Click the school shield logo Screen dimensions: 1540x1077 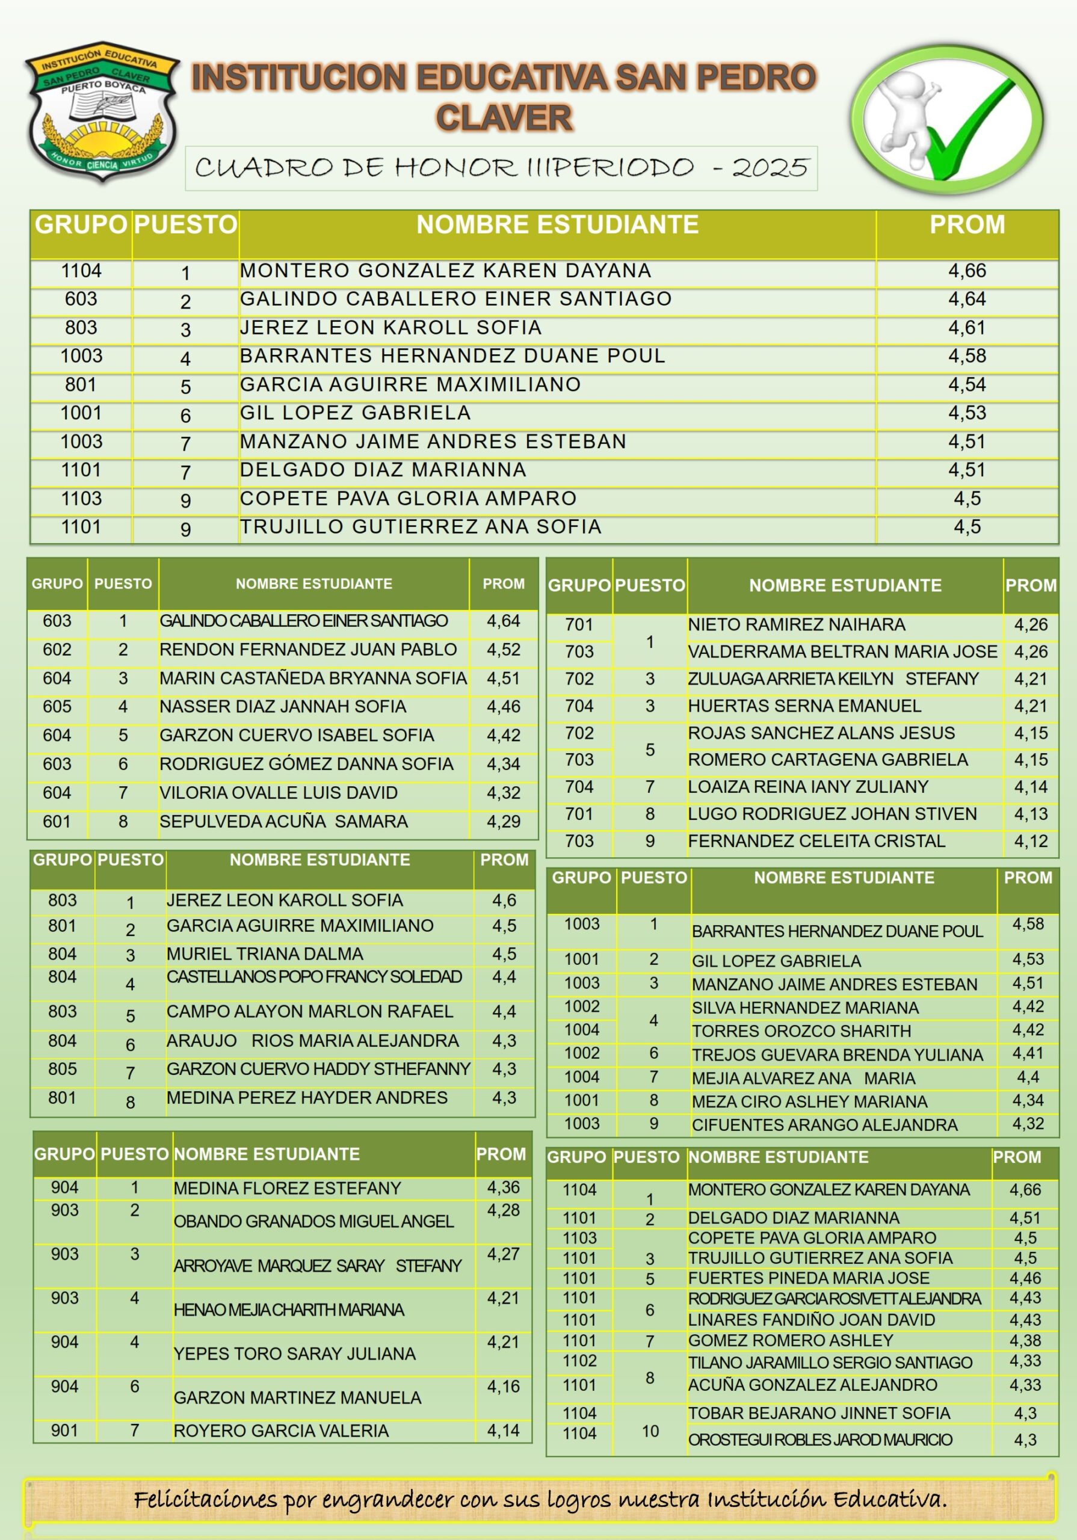[102, 111]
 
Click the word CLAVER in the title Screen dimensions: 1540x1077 [504, 118]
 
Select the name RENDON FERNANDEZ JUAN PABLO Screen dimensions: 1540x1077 [308, 649]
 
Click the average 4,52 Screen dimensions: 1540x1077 [503, 649]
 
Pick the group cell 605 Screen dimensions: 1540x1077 [57, 706]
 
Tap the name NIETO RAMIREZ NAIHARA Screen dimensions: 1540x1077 [796, 624]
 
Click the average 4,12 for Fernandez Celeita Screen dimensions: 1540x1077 [1031, 841]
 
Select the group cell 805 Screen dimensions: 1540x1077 [63, 1068]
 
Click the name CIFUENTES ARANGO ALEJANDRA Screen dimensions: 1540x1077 [824, 1125]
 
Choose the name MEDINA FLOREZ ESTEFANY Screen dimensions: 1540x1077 [287, 1188]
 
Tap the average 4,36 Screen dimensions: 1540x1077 [503, 1187]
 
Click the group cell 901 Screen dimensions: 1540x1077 [64, 1430]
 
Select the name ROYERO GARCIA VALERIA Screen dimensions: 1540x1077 [280, 1431]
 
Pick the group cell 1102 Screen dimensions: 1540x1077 [580, 1360]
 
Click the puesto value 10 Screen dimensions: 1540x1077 [650, 1431]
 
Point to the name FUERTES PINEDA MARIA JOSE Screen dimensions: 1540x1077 [809, 1278]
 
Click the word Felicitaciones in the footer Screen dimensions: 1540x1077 [205, 1500]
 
